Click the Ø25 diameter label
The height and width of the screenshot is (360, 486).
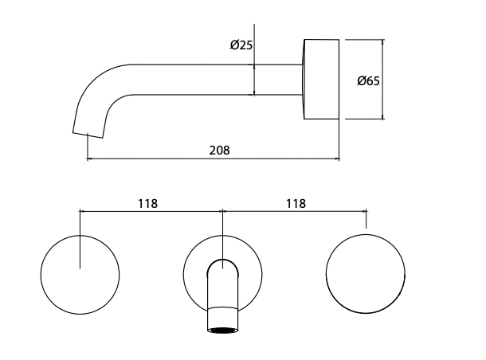[x=241, y=46]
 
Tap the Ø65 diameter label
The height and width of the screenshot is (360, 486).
[x=367, y=80]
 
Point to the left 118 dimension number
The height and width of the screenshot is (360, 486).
[x=147, y=203]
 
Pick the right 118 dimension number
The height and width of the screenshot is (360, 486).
[x=295, y=203]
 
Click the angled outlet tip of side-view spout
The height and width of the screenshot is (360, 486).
[x=88, y=128]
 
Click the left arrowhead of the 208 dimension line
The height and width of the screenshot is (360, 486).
[x=89, y=159]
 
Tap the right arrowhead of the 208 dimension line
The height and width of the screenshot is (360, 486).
[x=336, y=159]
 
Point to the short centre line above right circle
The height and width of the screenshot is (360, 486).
[x=366, y=220]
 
